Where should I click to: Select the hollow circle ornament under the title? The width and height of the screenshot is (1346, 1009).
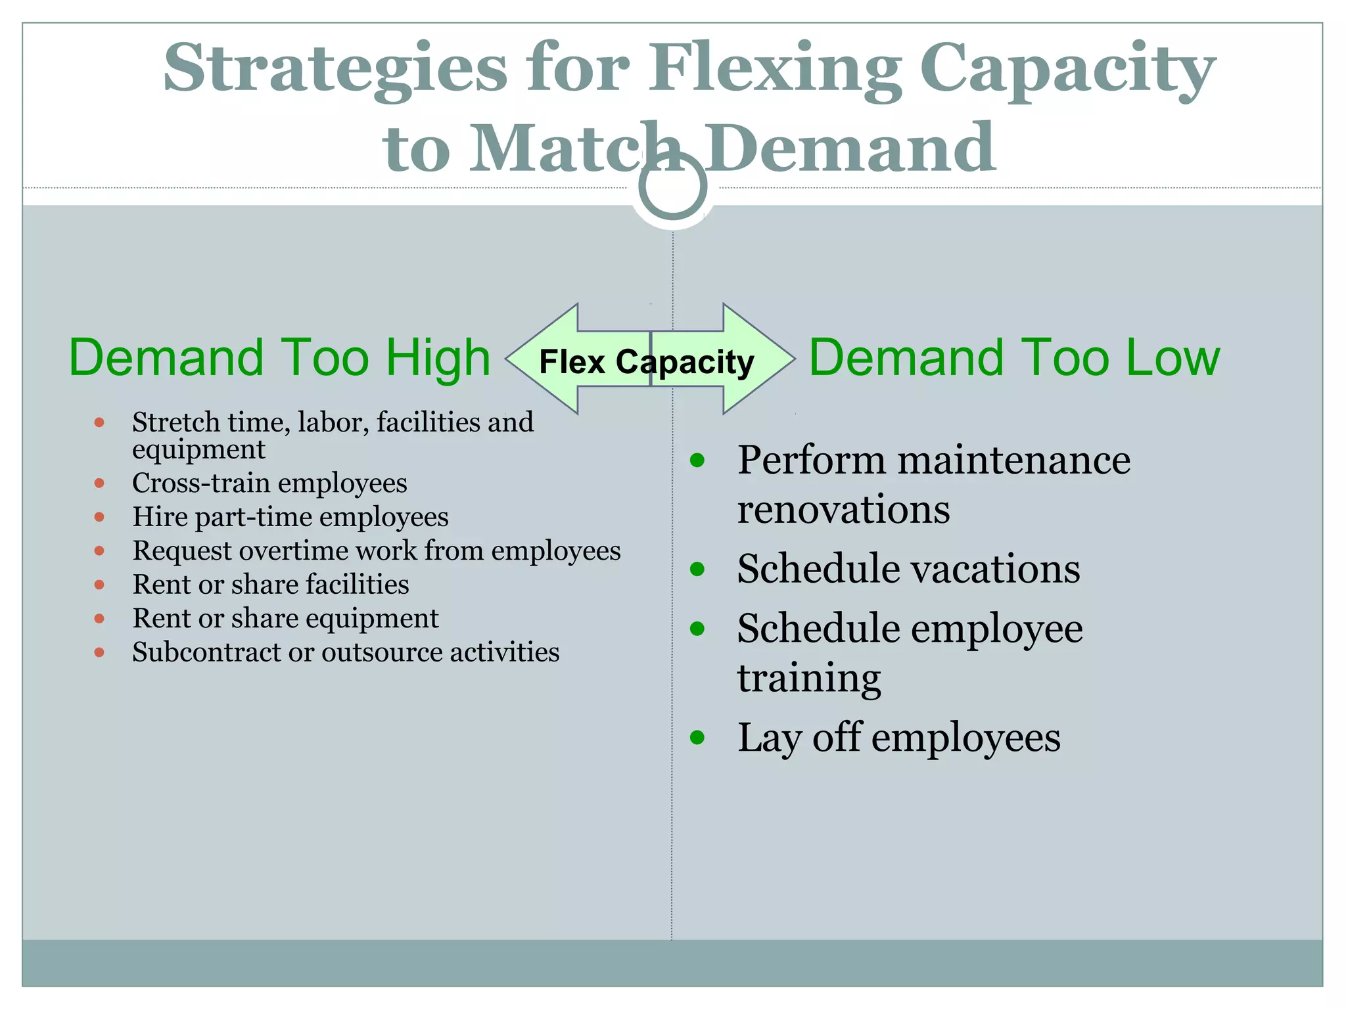(672, 186)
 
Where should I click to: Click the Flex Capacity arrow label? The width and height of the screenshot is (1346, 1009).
(647, 362)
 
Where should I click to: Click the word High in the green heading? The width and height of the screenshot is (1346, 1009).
(438, 358)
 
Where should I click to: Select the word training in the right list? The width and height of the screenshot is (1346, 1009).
(808, 678)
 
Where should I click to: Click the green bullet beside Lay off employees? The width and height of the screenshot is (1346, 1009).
(697, 738)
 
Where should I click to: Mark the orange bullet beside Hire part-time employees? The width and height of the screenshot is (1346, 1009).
(99, 517)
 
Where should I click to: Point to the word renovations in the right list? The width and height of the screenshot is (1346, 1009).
(843, 510)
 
